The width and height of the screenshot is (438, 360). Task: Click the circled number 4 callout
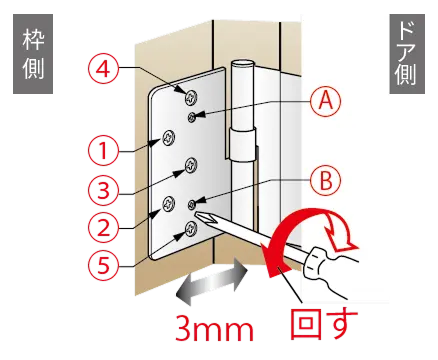point(103,70)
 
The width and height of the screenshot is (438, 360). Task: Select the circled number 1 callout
point(103,151)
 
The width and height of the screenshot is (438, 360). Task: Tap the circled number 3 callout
point(103,190)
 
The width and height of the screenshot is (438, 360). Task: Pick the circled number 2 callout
point(103,228)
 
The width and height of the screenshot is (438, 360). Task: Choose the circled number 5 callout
point(103,265)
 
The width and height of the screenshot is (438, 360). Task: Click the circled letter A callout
point(326,101)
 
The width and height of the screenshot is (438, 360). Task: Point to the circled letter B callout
point(326,181)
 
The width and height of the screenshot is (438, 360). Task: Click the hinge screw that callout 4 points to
point(191,97)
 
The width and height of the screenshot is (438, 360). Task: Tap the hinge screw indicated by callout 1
point(169,138)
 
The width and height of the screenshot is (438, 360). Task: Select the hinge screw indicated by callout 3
point(191,165)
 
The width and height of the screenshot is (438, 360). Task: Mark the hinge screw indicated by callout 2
point(169,204)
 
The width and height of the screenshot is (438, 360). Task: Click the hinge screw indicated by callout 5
point(191,228)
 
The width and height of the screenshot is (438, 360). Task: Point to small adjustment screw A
point(192,117)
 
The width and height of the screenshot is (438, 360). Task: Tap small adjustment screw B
point(192,205)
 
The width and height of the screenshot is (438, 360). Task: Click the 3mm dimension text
point(214,329)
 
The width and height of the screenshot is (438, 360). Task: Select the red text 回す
point(324,324)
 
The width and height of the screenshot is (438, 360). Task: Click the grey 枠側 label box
point(33,54)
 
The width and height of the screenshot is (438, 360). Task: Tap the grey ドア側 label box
point(407,54)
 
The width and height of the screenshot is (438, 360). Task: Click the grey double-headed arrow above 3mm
point(213,281)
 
